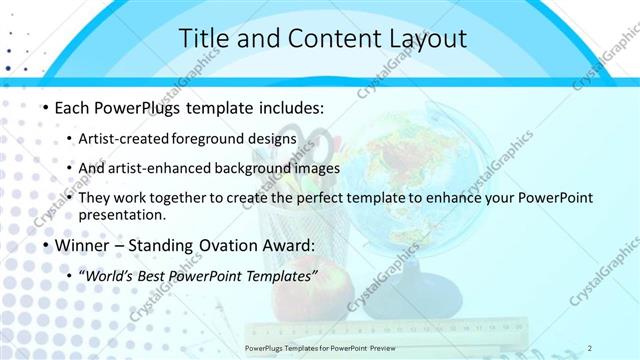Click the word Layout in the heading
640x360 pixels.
[x=424, y=39]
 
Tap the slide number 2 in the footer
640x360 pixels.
[x=590, y=347]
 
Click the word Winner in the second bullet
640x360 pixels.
[x=82, y=244]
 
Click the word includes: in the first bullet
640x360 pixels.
[x=289, y=107]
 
